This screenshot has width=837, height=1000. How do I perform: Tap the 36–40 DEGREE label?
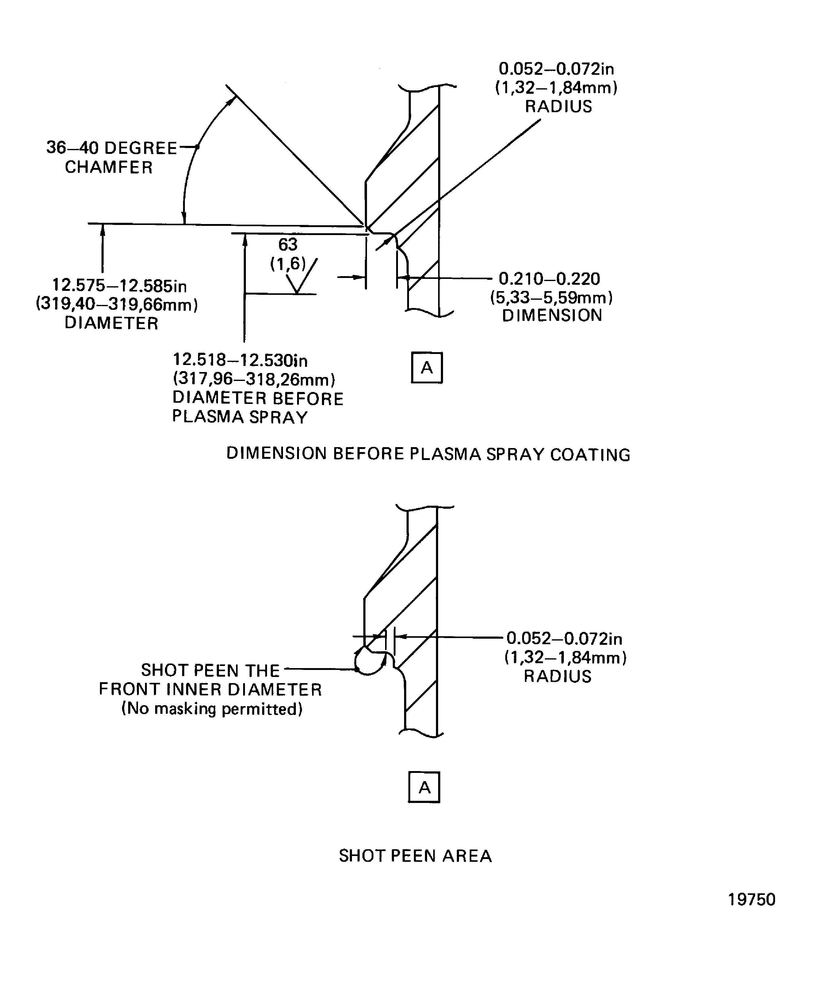112,148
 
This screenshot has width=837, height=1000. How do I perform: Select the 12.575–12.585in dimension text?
119,285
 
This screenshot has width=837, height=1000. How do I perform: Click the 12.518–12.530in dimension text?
240,359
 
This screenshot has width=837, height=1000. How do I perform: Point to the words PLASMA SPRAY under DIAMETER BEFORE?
240,417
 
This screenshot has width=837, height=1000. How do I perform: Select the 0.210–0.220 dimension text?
549,279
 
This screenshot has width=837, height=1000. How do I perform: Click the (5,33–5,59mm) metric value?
551,298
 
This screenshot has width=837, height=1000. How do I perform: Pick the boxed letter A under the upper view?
427,368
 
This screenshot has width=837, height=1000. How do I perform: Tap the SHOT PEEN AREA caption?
415,856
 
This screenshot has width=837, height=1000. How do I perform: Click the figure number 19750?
751,899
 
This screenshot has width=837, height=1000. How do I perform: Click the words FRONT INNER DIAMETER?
210,690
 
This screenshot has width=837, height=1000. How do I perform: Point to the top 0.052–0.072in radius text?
556,69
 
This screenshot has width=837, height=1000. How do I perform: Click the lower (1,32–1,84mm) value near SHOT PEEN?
565,658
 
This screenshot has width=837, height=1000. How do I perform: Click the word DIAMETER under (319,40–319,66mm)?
112,323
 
